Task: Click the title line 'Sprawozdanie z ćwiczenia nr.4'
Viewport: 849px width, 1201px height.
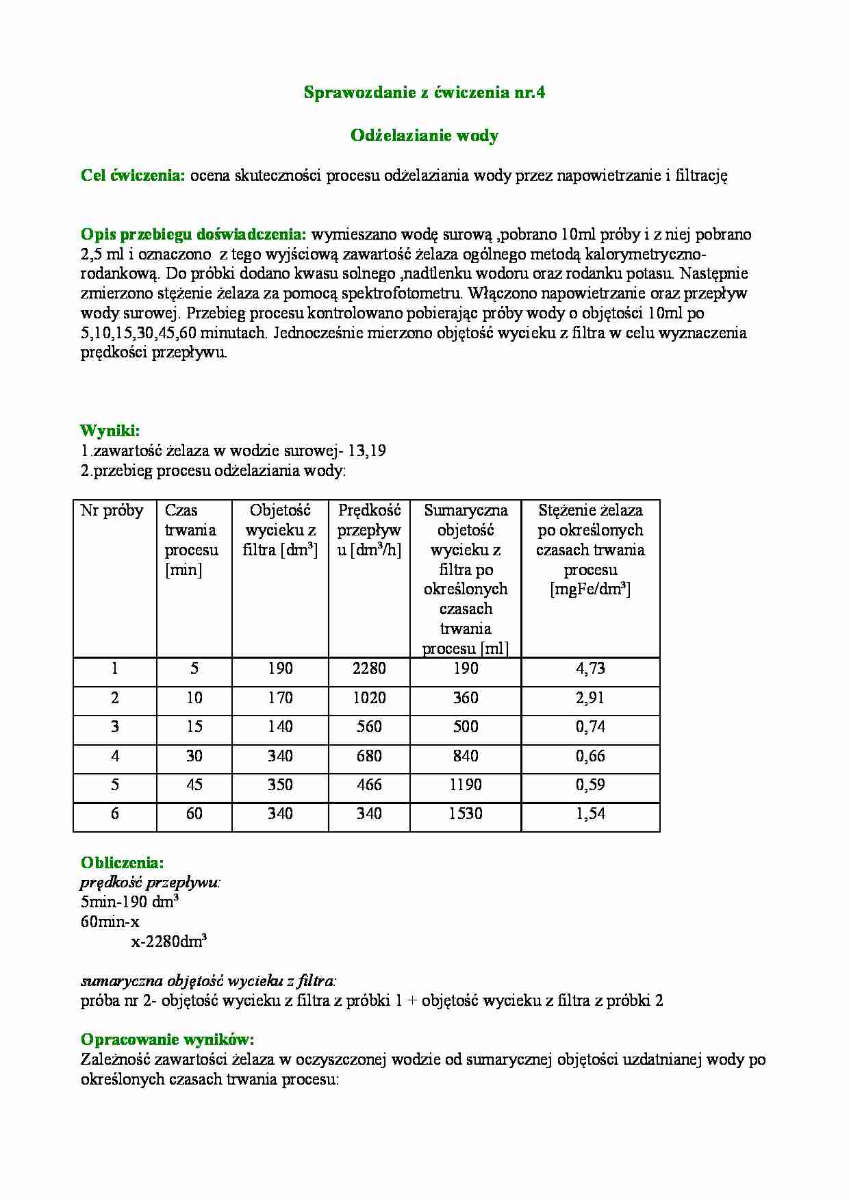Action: point(424,93)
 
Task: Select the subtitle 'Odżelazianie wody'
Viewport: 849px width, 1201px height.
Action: point(424,136)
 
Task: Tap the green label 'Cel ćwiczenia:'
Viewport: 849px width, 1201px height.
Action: point(133,175)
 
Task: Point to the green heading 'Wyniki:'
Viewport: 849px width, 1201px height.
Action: point(110,431)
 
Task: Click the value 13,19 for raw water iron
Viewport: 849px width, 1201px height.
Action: point(367,451)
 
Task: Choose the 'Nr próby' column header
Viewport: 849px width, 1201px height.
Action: point(112,510)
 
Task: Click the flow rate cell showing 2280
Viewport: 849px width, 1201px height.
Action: point(369,668)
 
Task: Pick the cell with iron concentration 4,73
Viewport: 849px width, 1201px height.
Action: point(590,668)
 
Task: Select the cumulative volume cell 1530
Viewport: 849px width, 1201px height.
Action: point(466,813)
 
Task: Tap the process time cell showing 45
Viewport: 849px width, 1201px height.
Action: point(194,785)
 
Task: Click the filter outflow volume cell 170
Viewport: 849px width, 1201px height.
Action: point(280,698)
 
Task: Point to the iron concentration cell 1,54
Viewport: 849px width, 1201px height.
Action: point(590,813)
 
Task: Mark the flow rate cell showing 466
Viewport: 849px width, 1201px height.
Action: point(369,785)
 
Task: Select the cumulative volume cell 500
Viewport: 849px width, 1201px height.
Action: point(466,726)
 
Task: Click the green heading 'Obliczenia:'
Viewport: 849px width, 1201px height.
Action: point(122,863)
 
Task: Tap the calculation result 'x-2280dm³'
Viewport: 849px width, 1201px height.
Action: point(169,941)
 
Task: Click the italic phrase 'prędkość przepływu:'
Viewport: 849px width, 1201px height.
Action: point(151,883)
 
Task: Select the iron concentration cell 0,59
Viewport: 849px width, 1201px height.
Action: point(590,785)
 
